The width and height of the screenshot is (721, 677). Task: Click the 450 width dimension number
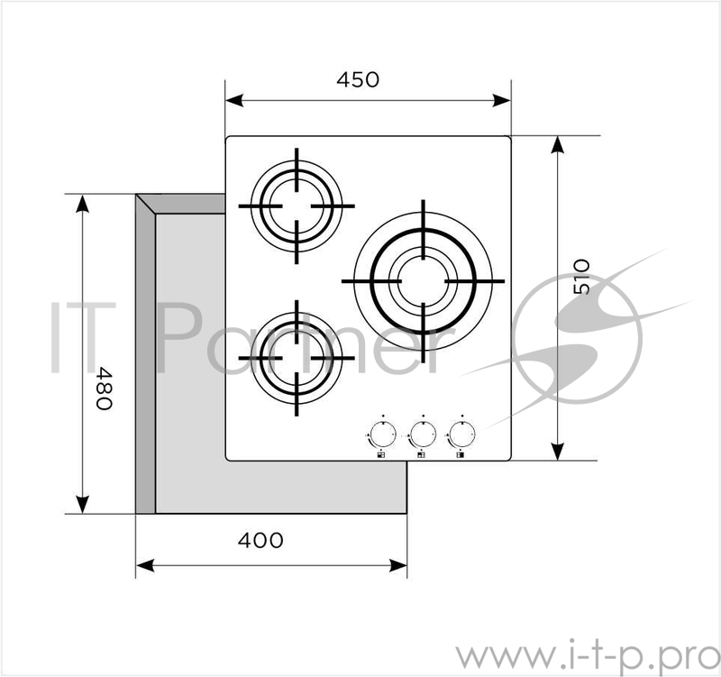pyautogui.click(x=358, y=79)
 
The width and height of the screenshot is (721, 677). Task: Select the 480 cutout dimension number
pyautogui.click(x=105, y=388)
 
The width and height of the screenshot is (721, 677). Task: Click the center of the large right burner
pyautogui.click(x=422, y=281)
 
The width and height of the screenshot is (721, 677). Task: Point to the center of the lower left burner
pyautogui.click(x=297, y=359)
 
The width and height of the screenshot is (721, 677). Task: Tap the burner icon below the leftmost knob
pyautogui.click(x=381, y=456)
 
